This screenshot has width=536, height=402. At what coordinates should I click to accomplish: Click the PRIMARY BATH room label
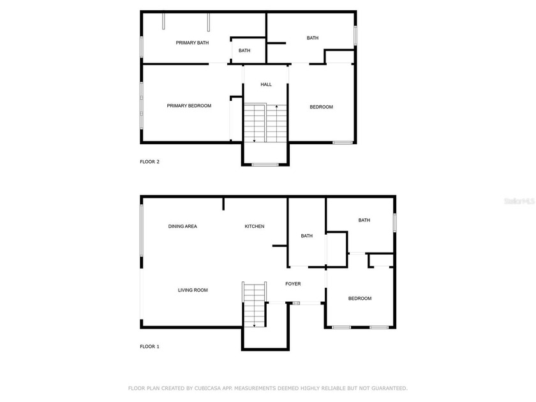coord(192,43)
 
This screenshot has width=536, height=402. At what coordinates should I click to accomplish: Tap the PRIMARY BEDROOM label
coord(189,106)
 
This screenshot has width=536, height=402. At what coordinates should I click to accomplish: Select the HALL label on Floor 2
coord(266,84)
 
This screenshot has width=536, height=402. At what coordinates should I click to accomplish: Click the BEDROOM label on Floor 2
coord(321,107)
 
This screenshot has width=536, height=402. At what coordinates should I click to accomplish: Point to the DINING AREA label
coord(182,227)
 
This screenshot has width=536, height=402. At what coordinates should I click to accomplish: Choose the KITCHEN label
coord(255,227)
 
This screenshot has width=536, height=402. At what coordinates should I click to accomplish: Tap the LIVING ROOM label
coord(193,290)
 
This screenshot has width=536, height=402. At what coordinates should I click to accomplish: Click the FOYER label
coord(293,284)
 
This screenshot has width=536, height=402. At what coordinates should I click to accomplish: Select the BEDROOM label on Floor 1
coord(359,298)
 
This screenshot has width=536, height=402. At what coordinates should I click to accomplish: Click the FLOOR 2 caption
coord(149,161)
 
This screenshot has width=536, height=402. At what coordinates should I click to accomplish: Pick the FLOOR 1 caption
coord(149,346)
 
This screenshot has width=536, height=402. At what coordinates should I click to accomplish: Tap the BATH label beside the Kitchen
coord(307,235)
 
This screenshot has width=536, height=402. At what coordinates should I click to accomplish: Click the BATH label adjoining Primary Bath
coord(244,50)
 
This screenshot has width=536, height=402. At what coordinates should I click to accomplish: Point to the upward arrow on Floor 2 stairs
coord(276,108)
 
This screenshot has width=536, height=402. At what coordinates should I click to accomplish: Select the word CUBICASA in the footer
coord(202,388)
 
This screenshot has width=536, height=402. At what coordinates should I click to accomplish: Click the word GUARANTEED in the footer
coord(384,388)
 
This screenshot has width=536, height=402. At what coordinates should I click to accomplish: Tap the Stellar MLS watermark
coord(519,200)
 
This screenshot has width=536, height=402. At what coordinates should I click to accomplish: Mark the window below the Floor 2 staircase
coord(265,165)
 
